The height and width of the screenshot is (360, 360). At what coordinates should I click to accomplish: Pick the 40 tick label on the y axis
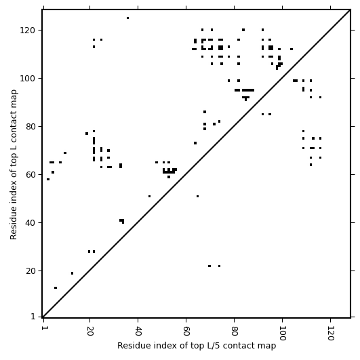pos(31,222)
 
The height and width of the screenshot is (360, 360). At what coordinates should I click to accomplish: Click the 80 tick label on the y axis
pos(31,127)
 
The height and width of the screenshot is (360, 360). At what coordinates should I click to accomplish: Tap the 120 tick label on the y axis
pos(28,31)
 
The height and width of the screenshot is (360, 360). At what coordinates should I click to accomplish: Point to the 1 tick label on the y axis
pos(33,317)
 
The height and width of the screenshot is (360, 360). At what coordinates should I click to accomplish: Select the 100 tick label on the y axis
pos(28,79)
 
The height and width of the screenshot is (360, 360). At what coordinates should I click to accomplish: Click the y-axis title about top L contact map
pos(14,165)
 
